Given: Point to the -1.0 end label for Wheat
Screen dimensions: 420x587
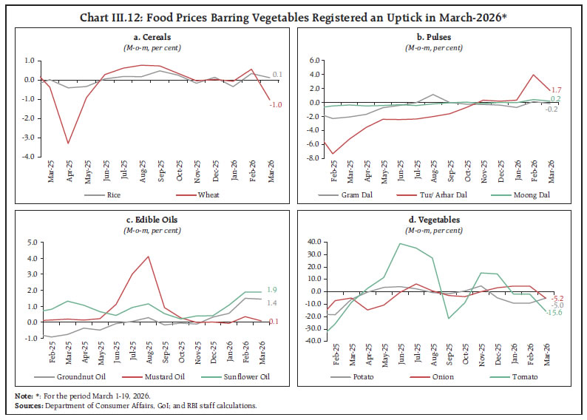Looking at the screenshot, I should point(274,105).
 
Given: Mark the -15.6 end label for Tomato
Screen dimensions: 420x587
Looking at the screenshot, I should point(554,314).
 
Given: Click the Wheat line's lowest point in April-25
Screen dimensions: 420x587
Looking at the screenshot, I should point(68,143).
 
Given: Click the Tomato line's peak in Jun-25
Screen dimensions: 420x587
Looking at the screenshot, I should point(400,243).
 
